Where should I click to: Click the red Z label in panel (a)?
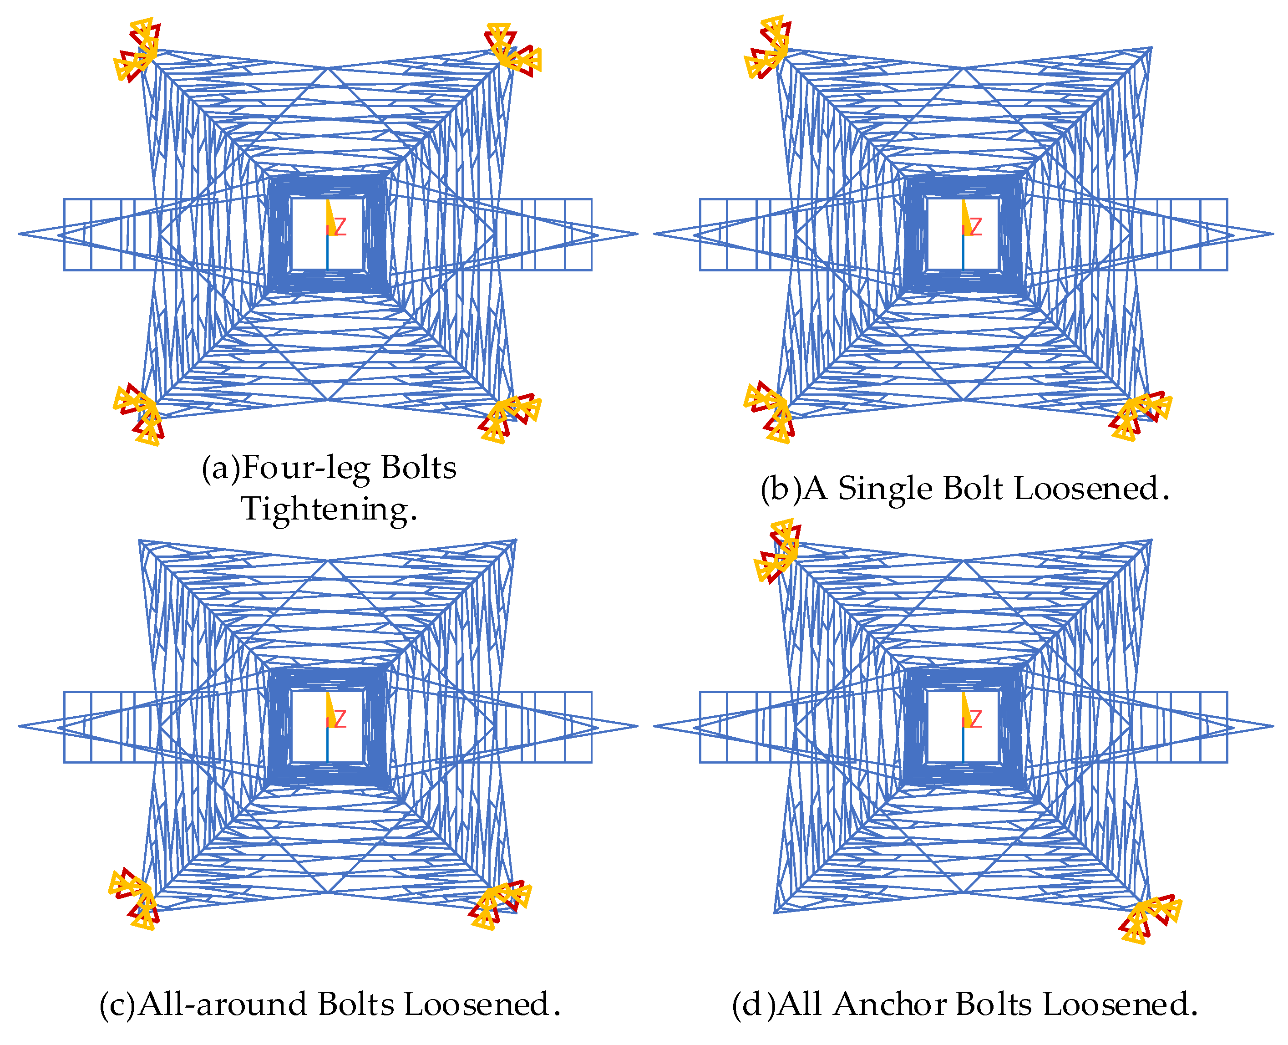tap(340, 227)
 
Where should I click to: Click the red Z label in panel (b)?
tap(975, 227)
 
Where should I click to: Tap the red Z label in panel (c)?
tap(340, 719)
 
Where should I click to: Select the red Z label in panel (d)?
tap(975, 719)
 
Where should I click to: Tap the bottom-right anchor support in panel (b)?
tap(1139, 415)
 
